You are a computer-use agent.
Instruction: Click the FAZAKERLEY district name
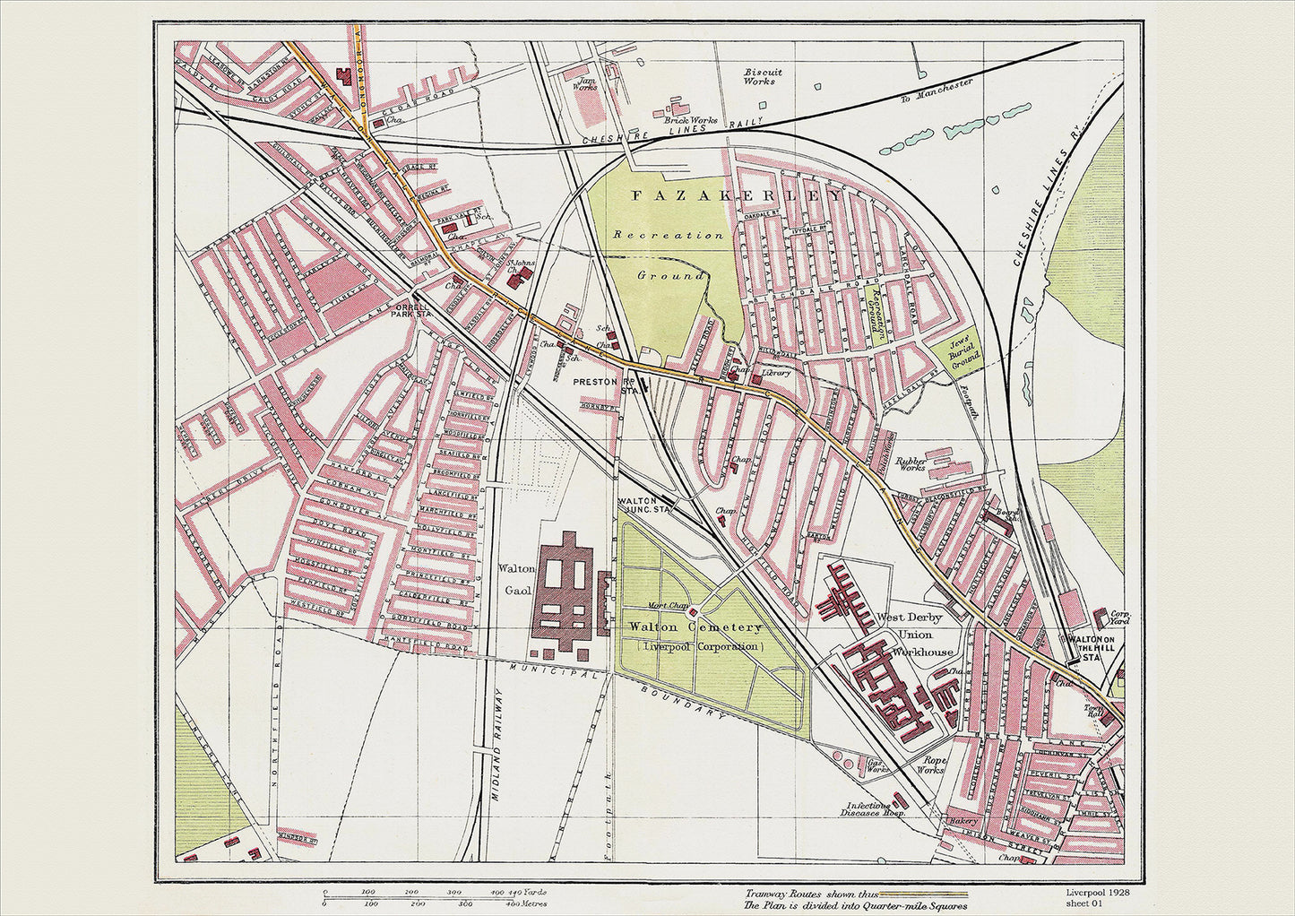[738, 195]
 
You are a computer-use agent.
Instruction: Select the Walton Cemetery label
[695, 627]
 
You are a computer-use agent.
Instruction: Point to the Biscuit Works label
[763, 76]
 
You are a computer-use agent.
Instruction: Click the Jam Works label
[584, 83]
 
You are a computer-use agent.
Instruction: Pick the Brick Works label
[691, 119]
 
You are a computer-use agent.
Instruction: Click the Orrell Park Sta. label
[414, 309]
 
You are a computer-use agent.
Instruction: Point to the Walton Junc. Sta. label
[644, 506]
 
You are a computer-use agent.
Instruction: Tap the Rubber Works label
[911, 462]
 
